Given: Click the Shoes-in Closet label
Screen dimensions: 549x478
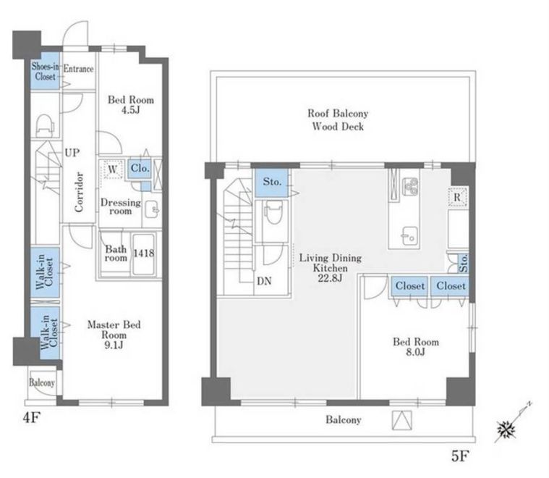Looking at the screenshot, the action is (x=45, y=71).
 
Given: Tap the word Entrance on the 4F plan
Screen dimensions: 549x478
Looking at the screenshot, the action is (x=78, y=69).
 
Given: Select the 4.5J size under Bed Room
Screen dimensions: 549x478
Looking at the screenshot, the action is (x=131, y=110).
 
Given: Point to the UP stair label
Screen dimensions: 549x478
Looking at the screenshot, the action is (x=72, y=153).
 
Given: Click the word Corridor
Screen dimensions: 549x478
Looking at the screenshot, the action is (x=79, y=192).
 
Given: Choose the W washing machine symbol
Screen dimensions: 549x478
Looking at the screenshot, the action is (x=112, y=169).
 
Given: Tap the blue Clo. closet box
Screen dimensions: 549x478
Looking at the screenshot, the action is (x=140, y=169).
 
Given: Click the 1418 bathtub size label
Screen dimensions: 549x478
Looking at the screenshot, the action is (x=143, y=253).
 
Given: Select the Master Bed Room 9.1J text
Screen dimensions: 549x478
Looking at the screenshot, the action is (x=114, y=335).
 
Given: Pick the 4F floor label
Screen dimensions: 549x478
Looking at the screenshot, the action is (x=31, y=418).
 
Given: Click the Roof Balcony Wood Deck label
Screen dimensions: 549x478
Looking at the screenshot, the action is (x=338, y=119).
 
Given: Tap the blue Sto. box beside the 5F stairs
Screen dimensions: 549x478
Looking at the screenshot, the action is (x=272, y=183).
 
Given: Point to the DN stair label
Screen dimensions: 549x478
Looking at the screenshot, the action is (x=264, y=281).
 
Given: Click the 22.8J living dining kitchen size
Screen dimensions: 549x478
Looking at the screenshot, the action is (x=330, y=278).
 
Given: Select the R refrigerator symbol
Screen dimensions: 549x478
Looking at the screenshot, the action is (x=457, y=197).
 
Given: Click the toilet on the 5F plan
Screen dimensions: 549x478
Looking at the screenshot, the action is (x=274, y=213).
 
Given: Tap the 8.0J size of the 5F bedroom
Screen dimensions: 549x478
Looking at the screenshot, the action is (x=416, y=352).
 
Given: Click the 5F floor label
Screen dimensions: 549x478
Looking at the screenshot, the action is (x=460, y=456).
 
